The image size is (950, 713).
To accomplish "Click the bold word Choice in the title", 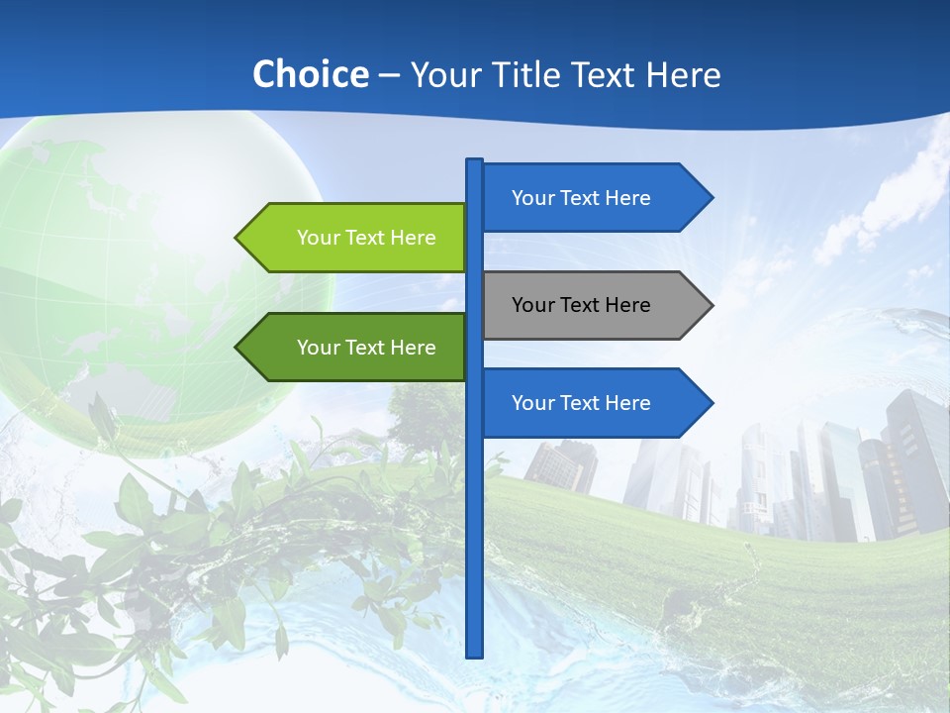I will click(x=310, y=74).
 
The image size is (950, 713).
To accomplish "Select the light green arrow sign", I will click(x=356, y=238).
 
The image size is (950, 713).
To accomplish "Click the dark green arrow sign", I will click(x=356, y=348).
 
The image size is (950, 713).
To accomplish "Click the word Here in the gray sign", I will click(x=627, y=305).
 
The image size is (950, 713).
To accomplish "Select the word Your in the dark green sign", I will click(x=318, y=348).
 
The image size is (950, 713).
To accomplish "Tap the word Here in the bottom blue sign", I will click(x=627, y=403).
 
